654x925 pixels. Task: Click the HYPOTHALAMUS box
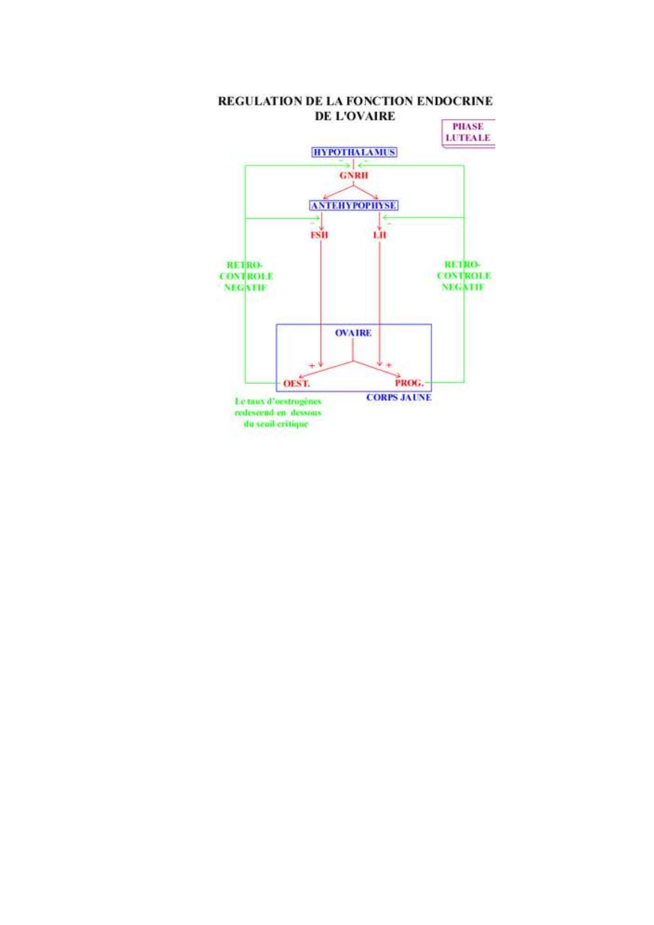pos(354,152)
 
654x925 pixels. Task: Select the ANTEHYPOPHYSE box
pos(354,205)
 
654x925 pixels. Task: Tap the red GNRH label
pos(354,176)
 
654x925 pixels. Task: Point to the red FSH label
pos(319,235)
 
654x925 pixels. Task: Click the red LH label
pos(379,235)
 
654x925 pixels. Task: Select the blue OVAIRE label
pos(353,333)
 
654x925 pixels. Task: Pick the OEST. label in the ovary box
pos(297,383)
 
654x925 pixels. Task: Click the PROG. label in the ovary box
pos(409,383)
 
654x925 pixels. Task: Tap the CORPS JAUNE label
pos(399,397)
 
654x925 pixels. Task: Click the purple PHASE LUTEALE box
pos(468,132)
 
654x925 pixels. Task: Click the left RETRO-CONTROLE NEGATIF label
pos(246,276)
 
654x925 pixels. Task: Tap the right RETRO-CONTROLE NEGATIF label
pos(463,275)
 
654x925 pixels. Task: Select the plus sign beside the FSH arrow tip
pos(312,365)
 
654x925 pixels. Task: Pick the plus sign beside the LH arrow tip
pos(389,365)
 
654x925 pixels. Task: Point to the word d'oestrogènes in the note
pos(295,401)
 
